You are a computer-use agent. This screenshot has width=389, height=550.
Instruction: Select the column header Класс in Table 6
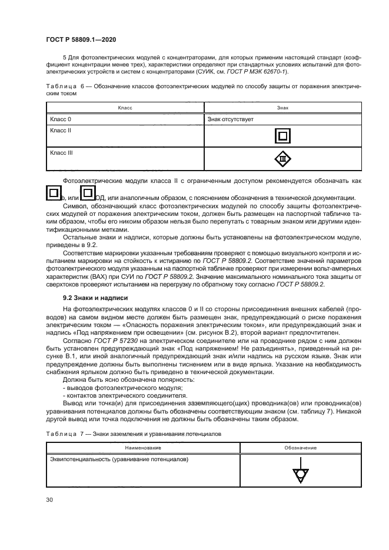pos(125,108)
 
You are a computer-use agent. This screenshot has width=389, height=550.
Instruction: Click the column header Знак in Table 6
pos(282,108)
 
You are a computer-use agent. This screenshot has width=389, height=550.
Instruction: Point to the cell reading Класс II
pos(61,130)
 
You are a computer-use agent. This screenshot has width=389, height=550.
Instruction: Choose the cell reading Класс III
pos(62,152)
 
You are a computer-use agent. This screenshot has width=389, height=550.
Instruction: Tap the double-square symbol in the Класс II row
pos(282,136)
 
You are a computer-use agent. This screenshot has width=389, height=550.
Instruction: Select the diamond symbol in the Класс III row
pos(282,159)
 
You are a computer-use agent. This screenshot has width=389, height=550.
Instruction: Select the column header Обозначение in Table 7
pos(301,448)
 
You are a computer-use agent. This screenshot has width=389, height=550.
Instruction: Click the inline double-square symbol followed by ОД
pos(87,193)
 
